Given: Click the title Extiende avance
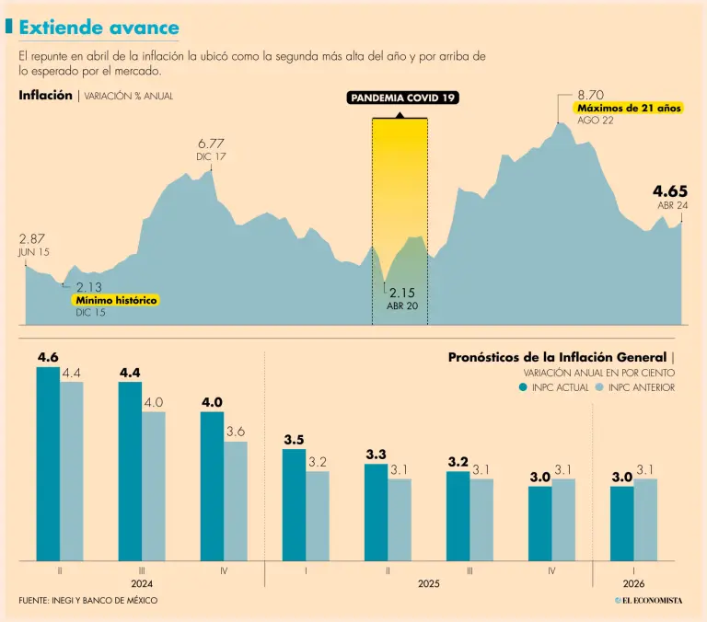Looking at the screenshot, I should (99, 29).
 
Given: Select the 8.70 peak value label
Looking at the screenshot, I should (590, 95).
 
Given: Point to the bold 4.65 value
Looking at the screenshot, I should (670, 190).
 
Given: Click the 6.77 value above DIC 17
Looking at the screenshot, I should (211, 144).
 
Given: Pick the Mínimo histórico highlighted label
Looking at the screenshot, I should (116, 301).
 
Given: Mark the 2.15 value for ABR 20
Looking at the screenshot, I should (402, 293).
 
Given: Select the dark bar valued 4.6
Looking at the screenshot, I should (48, 464).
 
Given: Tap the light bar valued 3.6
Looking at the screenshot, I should (236, 501).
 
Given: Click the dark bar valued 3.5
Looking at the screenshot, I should (294, 504).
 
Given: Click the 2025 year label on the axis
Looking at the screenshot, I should (428, 583).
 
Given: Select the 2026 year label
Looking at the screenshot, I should (633, 583).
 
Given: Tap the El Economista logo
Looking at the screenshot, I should (649, 600).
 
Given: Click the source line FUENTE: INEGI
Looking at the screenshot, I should (88, 600).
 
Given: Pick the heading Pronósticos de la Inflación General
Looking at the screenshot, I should (559, 357).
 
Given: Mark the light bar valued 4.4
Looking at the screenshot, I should (72, 471).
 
